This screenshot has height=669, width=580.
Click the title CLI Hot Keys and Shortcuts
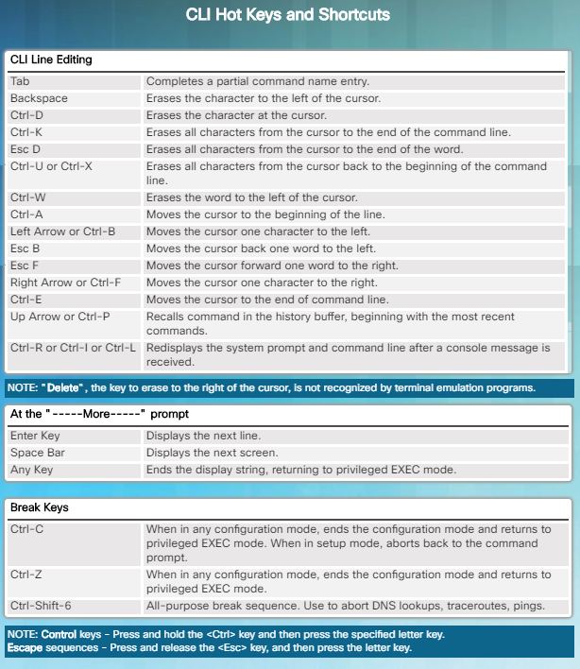[x=289, y=15]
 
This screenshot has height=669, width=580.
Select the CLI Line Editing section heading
[x=51, y=60]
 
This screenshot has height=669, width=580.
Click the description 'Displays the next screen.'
[x=212, y=453]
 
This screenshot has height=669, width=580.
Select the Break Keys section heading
[x=40, y=507]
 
